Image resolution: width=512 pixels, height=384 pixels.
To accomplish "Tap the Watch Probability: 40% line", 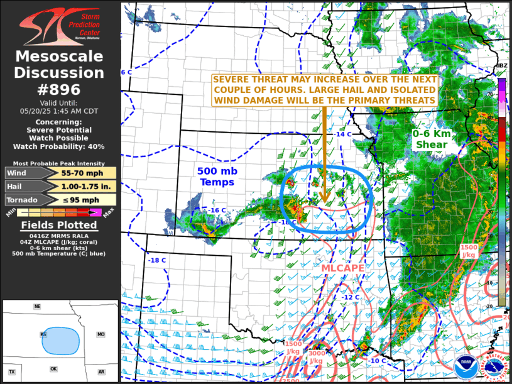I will pyautogui.click(x=60, y=146).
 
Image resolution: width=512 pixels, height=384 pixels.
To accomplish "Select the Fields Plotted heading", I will pyautogui.click(x=60, y=225).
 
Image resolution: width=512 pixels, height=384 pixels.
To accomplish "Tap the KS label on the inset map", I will pyautogui.click(x=43, y=334).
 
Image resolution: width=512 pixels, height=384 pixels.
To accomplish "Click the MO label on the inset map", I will pyautogui.click(x=101, y=334).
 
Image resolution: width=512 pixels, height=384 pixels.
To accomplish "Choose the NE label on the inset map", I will pyautogui.click(x=38, y=306).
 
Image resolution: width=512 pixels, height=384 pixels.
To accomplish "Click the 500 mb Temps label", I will pyautogui.click(x=216, y=176).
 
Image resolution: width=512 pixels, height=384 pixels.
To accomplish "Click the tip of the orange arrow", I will pyautogui.click(x=324, y=202).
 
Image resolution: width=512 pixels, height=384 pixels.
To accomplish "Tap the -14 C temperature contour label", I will pyautogui.click(x=343, y=134).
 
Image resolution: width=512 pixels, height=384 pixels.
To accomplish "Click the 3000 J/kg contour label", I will pyautogui.click(x=316, y=357).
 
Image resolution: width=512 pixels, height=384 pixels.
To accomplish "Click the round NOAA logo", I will pyautogui.click(x=466, y=367).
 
